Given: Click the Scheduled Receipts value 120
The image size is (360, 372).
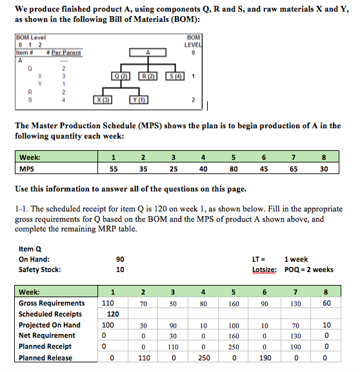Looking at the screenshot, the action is pyautogui.click(x=112, y=314).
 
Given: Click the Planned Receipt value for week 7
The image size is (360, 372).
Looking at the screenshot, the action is pyautogui.click(x=294, y=347).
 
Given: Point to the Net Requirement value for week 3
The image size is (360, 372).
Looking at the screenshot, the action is pyautogui.click(x=173, y=336).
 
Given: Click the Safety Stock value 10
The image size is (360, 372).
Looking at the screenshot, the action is pyautogui.click(x=121, y=269).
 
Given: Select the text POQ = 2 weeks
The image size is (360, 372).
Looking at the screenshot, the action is pyautogui.click(x=312, y=269).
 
